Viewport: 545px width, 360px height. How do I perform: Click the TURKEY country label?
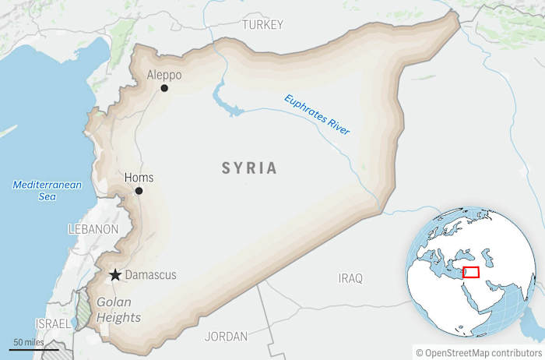(262, 25)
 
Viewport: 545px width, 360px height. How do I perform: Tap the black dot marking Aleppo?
(164, 88)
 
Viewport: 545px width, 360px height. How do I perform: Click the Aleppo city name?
(163, 75)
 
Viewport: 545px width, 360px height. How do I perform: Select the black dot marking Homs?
(139, 191)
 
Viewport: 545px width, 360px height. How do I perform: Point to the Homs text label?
(139, 178)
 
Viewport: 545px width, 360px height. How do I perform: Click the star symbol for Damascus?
(115, 275)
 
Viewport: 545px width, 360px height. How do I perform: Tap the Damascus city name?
(151, 275)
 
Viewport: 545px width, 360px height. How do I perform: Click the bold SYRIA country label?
(249, 168)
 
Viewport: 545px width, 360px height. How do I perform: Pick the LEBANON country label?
(93, 230)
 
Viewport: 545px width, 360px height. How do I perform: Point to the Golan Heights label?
(118, 310)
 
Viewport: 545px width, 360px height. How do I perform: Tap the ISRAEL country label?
(51, 323)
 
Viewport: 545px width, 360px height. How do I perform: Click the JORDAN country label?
(226, 337)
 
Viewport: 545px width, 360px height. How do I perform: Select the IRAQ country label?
(350, 277)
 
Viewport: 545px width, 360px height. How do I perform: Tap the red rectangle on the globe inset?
(470, 272)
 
